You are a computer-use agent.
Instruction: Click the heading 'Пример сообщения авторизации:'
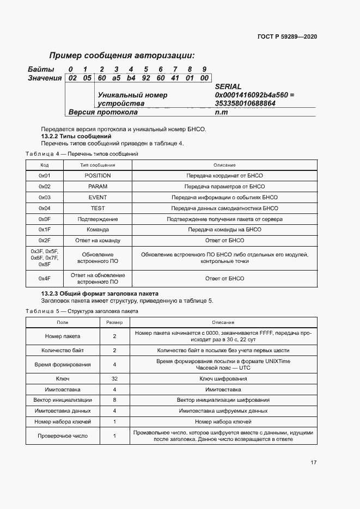click(122, 56)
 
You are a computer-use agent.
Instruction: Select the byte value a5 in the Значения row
click(116, 78)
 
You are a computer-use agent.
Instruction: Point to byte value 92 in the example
click(145, 78)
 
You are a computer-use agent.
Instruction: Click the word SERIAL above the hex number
click(228, 87)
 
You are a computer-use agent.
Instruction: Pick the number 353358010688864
click(245, 103)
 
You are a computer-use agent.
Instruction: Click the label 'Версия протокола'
click(103, 112)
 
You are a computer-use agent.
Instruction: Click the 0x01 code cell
click(45, 176)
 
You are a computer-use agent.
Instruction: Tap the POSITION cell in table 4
click(97, 176)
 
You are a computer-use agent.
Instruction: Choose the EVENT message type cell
click(97, 197)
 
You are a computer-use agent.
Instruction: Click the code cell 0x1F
click(45, 229)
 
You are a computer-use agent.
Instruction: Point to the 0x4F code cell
click(45, 278)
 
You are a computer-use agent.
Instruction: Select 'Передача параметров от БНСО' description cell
click(224, 186)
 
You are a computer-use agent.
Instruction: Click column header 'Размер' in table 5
click(114, 323)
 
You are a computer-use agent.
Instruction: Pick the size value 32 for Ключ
click(114, 378)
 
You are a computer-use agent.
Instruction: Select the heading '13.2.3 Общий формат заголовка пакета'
click(100, 293)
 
